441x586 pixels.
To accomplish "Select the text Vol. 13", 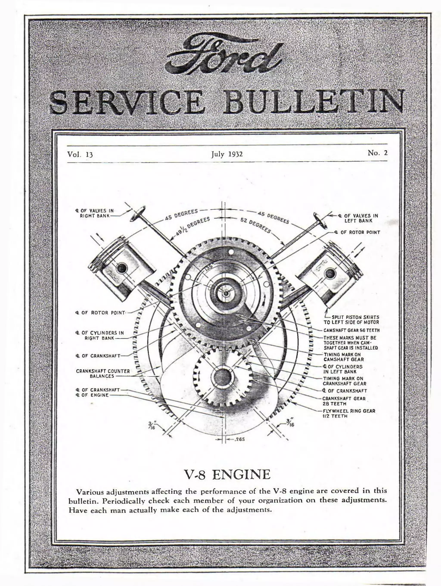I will [x=80, y=154].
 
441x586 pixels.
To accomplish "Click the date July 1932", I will [x=227, y=154].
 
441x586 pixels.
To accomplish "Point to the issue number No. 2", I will [x=377, y=153].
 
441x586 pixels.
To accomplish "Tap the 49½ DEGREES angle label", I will [x=193, y=227].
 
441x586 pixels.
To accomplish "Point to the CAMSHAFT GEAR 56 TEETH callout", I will [x=351, y=330].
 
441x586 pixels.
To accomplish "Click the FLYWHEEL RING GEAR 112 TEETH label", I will [x=349, y=413].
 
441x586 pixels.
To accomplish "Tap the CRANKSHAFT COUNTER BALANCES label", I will [x=103, y=373].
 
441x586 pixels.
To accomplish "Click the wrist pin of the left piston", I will [x=122, y=268].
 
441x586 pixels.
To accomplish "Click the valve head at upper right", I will [x=320, y=219].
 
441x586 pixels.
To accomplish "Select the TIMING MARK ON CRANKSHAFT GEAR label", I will [x=345, y=381].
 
